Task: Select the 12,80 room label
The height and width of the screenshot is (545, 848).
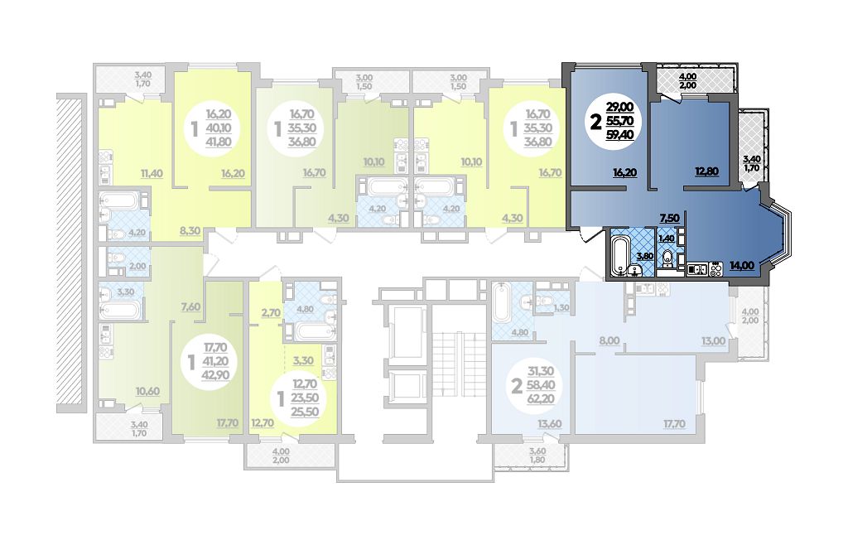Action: [706, 171]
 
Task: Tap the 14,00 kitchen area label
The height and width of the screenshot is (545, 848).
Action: [741, 266]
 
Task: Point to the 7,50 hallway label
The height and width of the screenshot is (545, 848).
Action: [669, 218]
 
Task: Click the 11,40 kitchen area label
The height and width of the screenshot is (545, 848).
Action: [152, 173]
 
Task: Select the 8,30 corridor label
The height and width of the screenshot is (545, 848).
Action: [190, 230]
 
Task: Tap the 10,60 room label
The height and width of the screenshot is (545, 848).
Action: [147, 391]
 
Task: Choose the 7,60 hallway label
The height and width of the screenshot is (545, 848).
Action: [190, 307]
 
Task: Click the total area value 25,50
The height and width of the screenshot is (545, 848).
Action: [306, 412]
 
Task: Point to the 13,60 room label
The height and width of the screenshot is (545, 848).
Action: [550, 424]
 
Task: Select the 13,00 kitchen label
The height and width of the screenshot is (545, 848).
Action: [714, 340]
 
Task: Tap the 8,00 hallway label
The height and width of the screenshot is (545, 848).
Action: [609, 340]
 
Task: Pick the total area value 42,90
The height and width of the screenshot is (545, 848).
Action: [216, 374]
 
